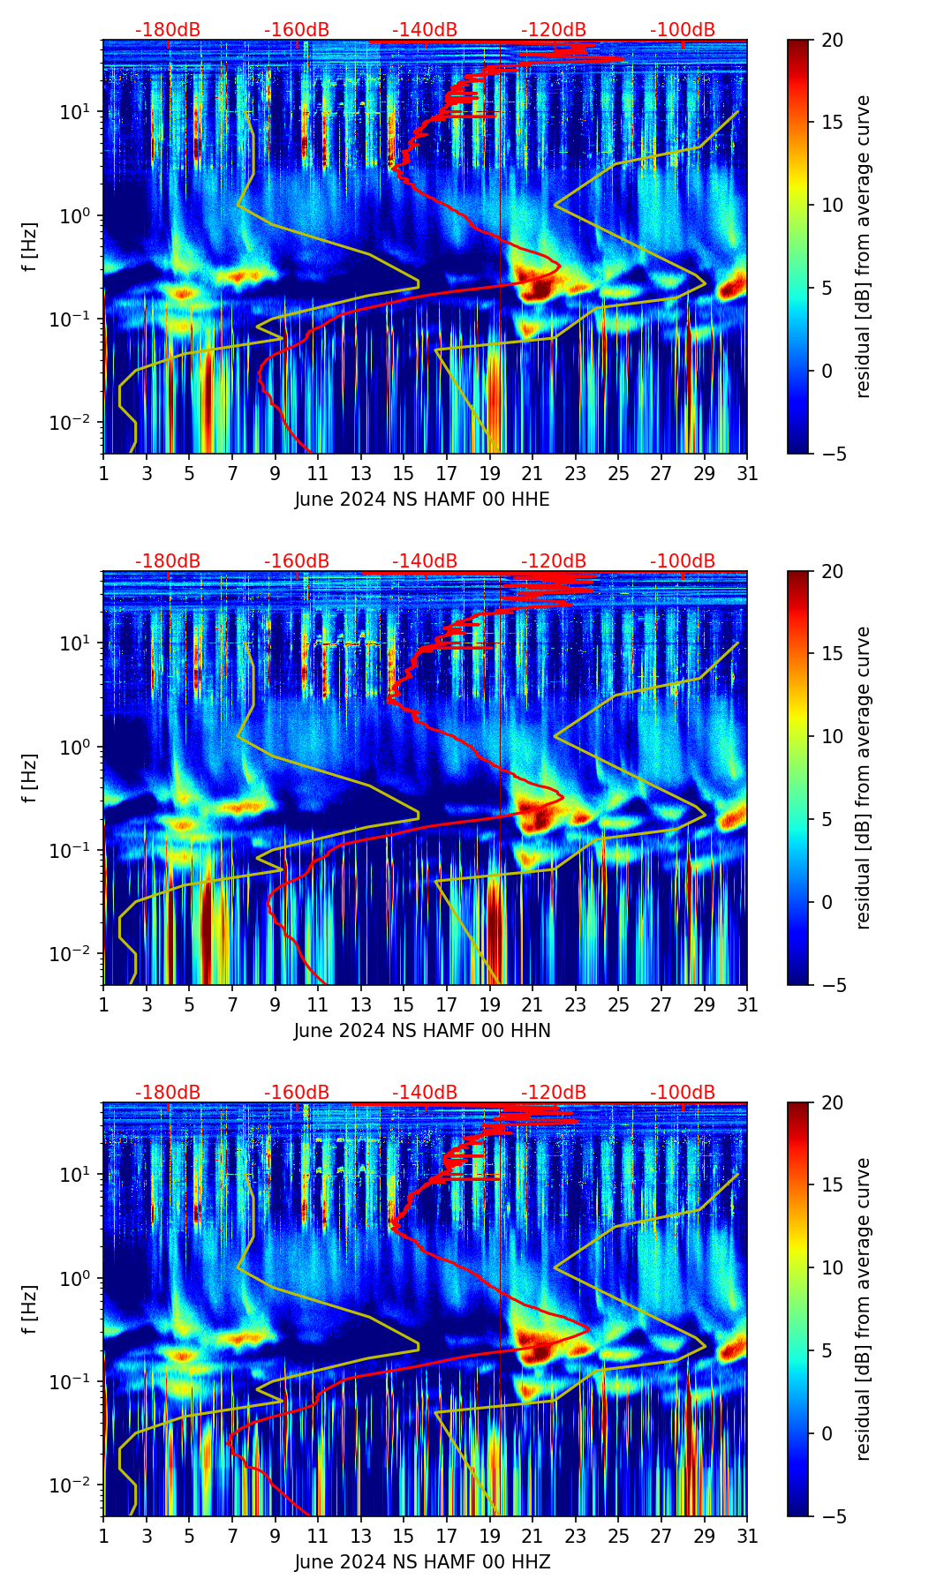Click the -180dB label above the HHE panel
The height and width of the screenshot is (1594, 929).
pos(168,30)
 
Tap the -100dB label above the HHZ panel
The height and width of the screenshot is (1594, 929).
pos(683,1093)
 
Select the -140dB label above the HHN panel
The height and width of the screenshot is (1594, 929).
pos(425,561)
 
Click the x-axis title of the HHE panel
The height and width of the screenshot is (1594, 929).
pos(422,500)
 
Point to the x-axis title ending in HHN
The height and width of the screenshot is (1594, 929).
pos(422,1031)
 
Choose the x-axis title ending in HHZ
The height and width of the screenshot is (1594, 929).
pos(422,1562)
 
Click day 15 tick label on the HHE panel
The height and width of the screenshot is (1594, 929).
pos(404,474)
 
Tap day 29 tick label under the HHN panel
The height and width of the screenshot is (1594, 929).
pos(704,1005)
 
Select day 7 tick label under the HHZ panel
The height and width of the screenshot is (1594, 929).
pos(232,1537)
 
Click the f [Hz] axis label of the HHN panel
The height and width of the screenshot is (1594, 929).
pos(30,778)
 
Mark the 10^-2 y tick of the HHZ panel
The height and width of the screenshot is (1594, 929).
pos(76,1486)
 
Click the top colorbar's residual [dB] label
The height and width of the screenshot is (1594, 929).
pos(863,246)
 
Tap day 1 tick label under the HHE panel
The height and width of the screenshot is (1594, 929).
pos(103,474)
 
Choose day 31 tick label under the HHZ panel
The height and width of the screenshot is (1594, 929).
pos(747,1537)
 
